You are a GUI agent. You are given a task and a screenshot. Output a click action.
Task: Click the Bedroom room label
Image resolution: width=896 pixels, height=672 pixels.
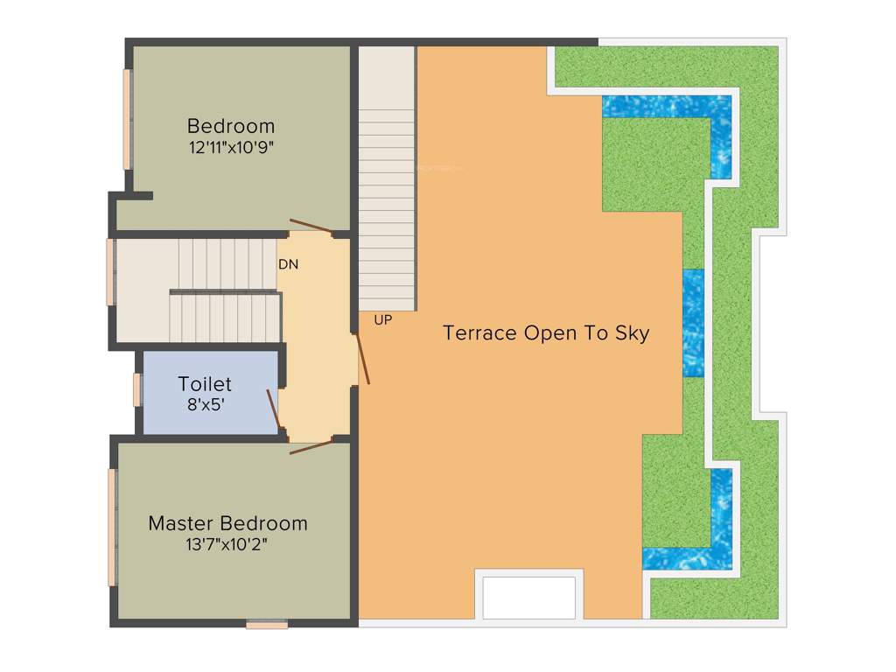tap(231, 125)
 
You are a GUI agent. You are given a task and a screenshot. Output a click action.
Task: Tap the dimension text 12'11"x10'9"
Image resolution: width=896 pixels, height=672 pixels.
tap(231, 147)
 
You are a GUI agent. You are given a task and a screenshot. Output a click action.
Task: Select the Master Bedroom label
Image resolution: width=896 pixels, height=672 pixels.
tap(227, 523)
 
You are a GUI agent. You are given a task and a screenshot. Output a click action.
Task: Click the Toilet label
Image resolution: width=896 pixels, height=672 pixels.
tap(205, 383)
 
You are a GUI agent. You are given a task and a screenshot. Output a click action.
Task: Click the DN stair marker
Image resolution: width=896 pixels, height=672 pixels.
tap(288, 263)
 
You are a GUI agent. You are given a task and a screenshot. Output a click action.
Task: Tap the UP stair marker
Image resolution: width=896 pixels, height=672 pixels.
tap(382, 320)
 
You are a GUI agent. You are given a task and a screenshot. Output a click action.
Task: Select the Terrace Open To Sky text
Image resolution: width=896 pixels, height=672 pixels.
tap(546, 333)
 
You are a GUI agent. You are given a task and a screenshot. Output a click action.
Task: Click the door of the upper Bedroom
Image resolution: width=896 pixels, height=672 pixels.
tap(311, 226)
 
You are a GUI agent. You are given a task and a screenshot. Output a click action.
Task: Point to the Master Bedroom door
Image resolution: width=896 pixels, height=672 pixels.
tap(311, 448)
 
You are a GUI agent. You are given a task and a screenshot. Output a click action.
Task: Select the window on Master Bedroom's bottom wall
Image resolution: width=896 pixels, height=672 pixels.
tap(267, 625)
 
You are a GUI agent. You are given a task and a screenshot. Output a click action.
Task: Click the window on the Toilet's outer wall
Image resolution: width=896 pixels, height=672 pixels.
tap(137, 389)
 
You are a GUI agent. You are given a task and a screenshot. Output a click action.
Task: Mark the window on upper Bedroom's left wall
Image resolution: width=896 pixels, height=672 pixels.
tap(127, 119)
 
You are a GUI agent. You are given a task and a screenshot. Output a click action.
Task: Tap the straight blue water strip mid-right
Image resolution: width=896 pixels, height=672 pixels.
tap(693, 323)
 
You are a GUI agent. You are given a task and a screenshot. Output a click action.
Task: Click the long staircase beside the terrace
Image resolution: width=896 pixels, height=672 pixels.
tap(386, 175)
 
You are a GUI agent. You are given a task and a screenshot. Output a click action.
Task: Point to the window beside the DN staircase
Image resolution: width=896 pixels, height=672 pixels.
tap(110, 271)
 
